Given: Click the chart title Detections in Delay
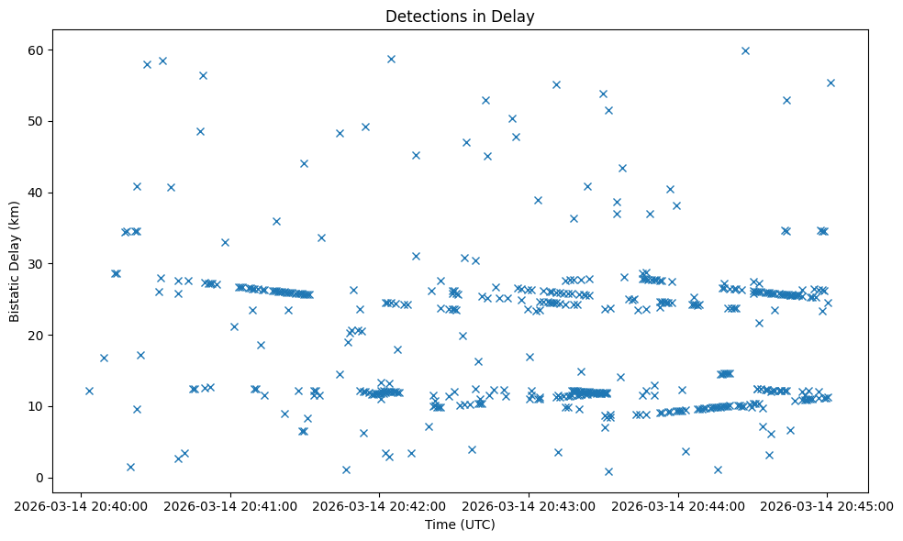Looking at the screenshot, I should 460,17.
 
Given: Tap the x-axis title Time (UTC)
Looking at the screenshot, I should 460,524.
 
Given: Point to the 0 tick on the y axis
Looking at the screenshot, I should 39,478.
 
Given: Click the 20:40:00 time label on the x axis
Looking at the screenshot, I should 81,505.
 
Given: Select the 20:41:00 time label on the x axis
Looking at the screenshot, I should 230,505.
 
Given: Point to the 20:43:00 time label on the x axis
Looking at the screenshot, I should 529,505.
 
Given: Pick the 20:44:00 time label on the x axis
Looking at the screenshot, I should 678,505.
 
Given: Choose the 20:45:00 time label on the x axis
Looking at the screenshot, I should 827,505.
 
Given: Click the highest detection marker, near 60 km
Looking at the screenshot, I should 745,50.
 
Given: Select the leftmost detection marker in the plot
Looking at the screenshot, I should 89,391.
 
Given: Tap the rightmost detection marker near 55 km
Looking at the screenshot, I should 831,83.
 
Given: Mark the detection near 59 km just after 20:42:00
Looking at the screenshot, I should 391,59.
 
